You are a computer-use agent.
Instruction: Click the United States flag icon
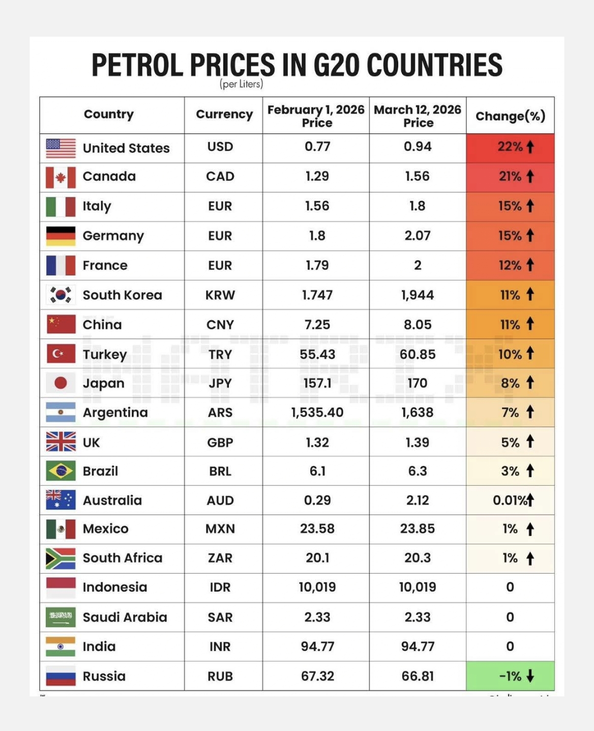coord(61,148)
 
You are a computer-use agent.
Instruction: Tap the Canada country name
coord(109,177)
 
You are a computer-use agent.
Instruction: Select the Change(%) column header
coord(510,116)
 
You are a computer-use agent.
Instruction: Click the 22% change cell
coord(510,147)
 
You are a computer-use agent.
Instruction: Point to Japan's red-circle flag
coord(61,383)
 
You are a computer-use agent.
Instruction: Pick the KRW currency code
coord(220,295)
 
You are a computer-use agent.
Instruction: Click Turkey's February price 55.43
coord(317,354)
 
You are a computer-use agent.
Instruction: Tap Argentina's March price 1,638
coord(418,412)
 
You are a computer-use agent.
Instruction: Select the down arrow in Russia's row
coord(530,676)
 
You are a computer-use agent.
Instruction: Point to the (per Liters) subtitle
coord(242,84)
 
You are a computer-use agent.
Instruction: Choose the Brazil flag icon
coord(61,471)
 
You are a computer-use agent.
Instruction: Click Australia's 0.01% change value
coord(510,500)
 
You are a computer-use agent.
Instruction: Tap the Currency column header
coord(224,115)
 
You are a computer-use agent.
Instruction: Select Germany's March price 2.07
coord(418,236)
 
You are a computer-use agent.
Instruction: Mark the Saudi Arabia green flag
coord(61,617)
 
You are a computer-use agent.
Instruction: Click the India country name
coord(99,646)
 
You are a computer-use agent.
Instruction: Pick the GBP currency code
coord(220,442)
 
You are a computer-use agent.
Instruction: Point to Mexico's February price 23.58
coord(317,529)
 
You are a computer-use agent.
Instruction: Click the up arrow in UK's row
coord(530,441)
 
